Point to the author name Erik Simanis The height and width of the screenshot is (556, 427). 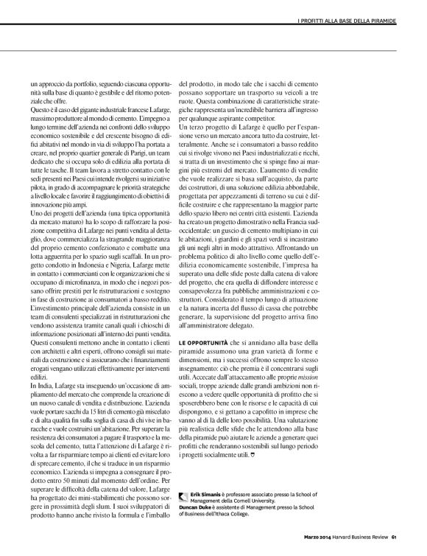[206, 490]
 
